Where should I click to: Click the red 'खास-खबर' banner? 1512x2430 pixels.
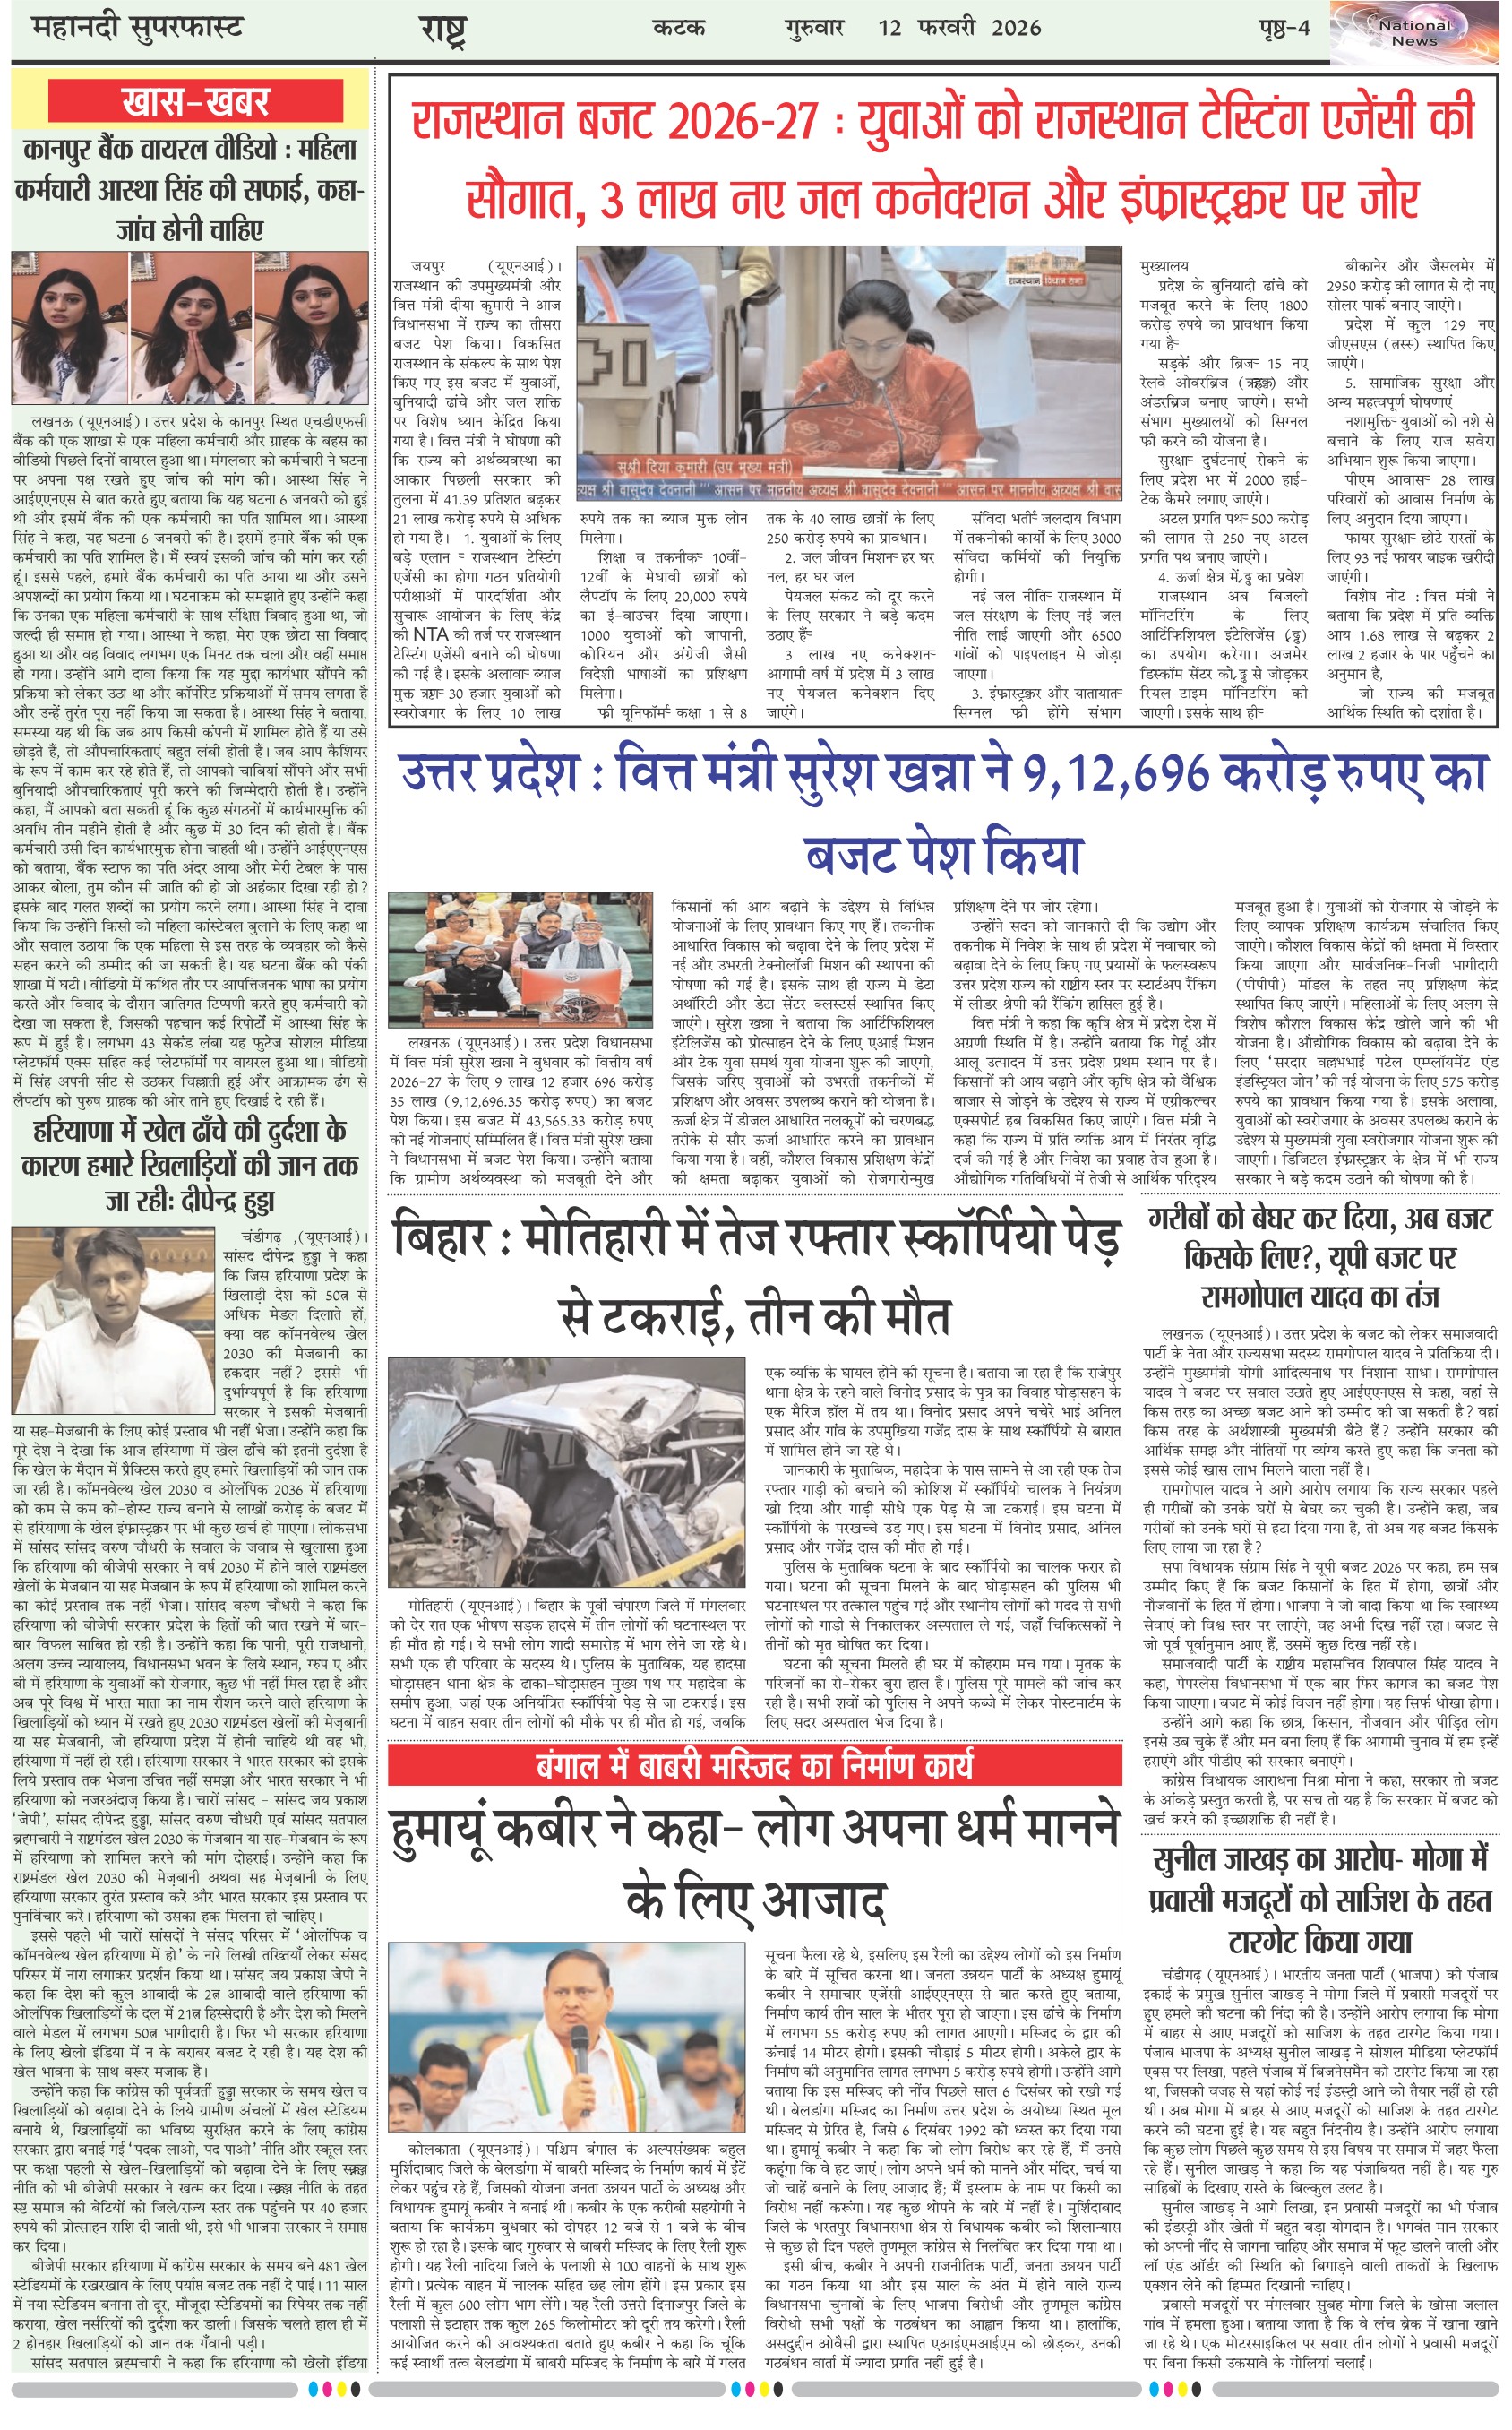click(x=195, y=102)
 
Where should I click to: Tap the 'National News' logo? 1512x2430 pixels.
click(x=1414, y=33)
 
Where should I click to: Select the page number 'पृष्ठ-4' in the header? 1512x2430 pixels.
click(x=1284, y=28)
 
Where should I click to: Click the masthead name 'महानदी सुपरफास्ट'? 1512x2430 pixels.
click(x=138, y=28)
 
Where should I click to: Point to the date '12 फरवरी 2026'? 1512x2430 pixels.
click(x=959, y=28)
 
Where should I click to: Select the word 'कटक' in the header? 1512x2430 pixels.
click(x=679, y=28)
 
